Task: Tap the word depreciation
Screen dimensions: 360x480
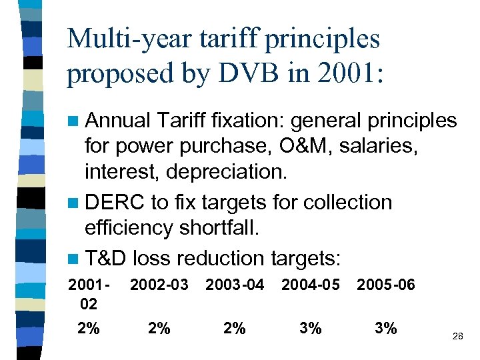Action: pos(227,172)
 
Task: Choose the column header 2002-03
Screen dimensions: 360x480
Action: pos(159,285)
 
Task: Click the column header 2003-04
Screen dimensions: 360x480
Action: pos(235,285)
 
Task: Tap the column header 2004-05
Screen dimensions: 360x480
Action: pos(310,285)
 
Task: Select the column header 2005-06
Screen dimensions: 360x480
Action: pos(385,285)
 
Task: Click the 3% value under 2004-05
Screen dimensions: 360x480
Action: pos(310,328)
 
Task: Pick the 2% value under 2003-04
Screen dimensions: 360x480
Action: pos(235,328)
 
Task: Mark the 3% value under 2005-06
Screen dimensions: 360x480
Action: pos(385,328)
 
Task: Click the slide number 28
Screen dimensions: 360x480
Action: pos(457,337)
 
